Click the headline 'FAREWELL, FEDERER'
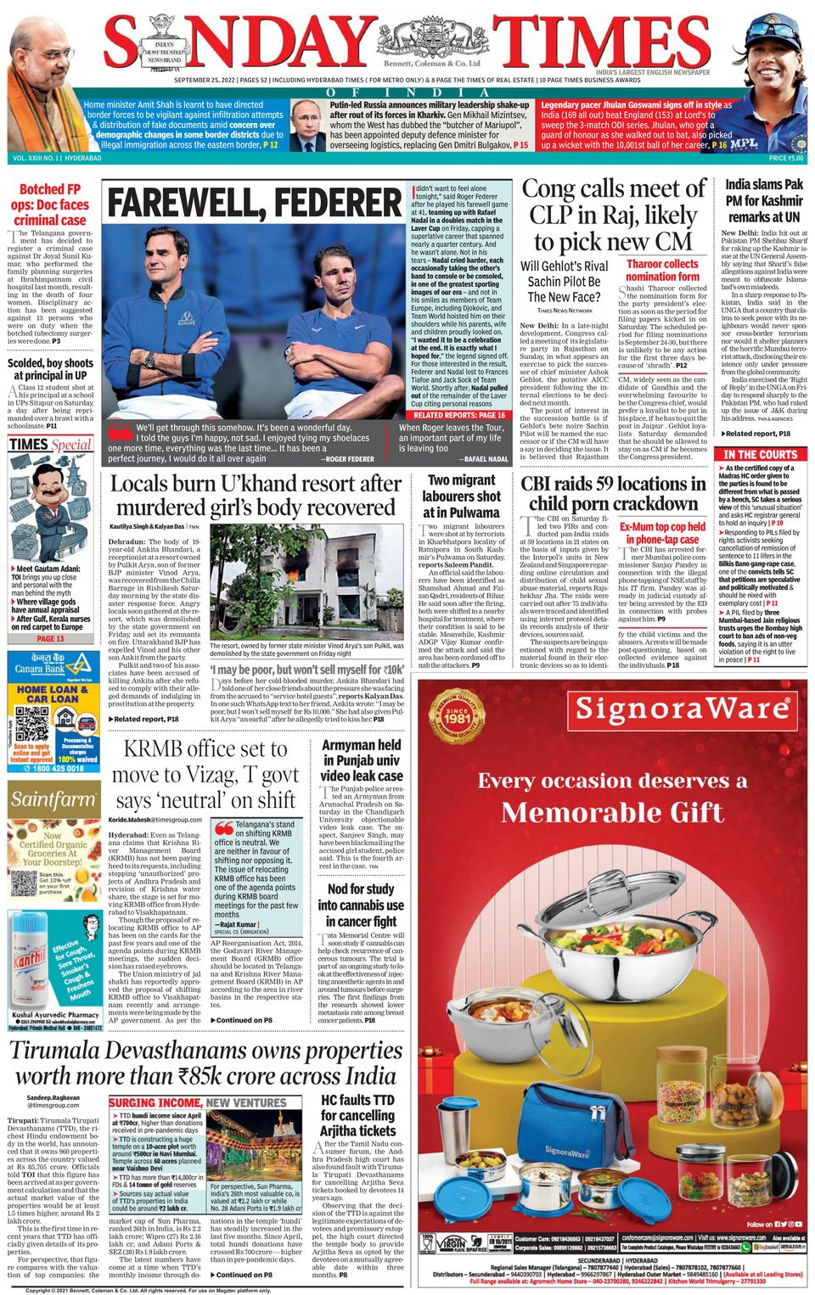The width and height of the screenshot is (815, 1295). [255, 204]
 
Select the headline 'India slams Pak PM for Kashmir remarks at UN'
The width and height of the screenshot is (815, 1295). [763, 200]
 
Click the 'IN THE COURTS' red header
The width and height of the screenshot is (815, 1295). [761, 454]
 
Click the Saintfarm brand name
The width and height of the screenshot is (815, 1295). [53, 799]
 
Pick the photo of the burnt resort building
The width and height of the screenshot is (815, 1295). [306, 582]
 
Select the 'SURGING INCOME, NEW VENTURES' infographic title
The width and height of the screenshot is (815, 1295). [198, 1102]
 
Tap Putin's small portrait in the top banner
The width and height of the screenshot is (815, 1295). [306, 124]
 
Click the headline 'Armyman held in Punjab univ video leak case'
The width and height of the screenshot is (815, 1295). [361, 760]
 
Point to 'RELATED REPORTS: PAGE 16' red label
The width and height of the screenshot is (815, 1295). [459, 415]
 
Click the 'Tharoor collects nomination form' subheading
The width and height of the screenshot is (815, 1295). [662, 270]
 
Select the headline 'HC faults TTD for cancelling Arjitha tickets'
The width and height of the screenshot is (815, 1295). [357, 1115]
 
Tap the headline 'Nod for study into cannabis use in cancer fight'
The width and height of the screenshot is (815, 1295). [361, 905]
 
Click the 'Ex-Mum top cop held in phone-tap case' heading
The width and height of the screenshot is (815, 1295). [662, 533]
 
